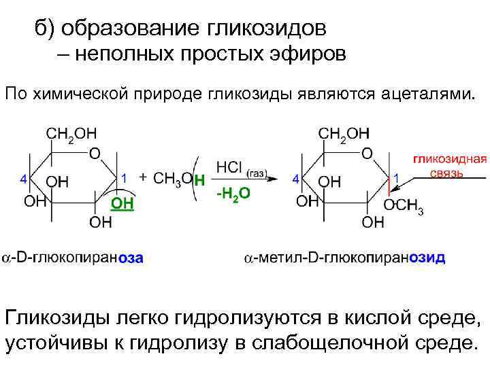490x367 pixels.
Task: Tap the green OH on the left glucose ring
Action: pos(122,203)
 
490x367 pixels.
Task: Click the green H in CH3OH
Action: pos(199,180)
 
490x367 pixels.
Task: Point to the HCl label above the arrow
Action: pos(229,167)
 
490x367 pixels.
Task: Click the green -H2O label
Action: pos(233,194)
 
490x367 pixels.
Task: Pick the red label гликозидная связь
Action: pos(450,166)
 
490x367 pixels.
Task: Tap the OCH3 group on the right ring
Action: pos(404,205)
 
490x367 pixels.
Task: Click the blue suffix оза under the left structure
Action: pos(131,258)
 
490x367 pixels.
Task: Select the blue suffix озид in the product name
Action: pos(427,258)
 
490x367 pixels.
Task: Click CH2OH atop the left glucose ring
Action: pos(71,133)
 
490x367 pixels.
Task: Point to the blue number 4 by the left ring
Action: pos(24,179)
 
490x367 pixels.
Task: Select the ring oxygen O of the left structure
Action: pos(95,153)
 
